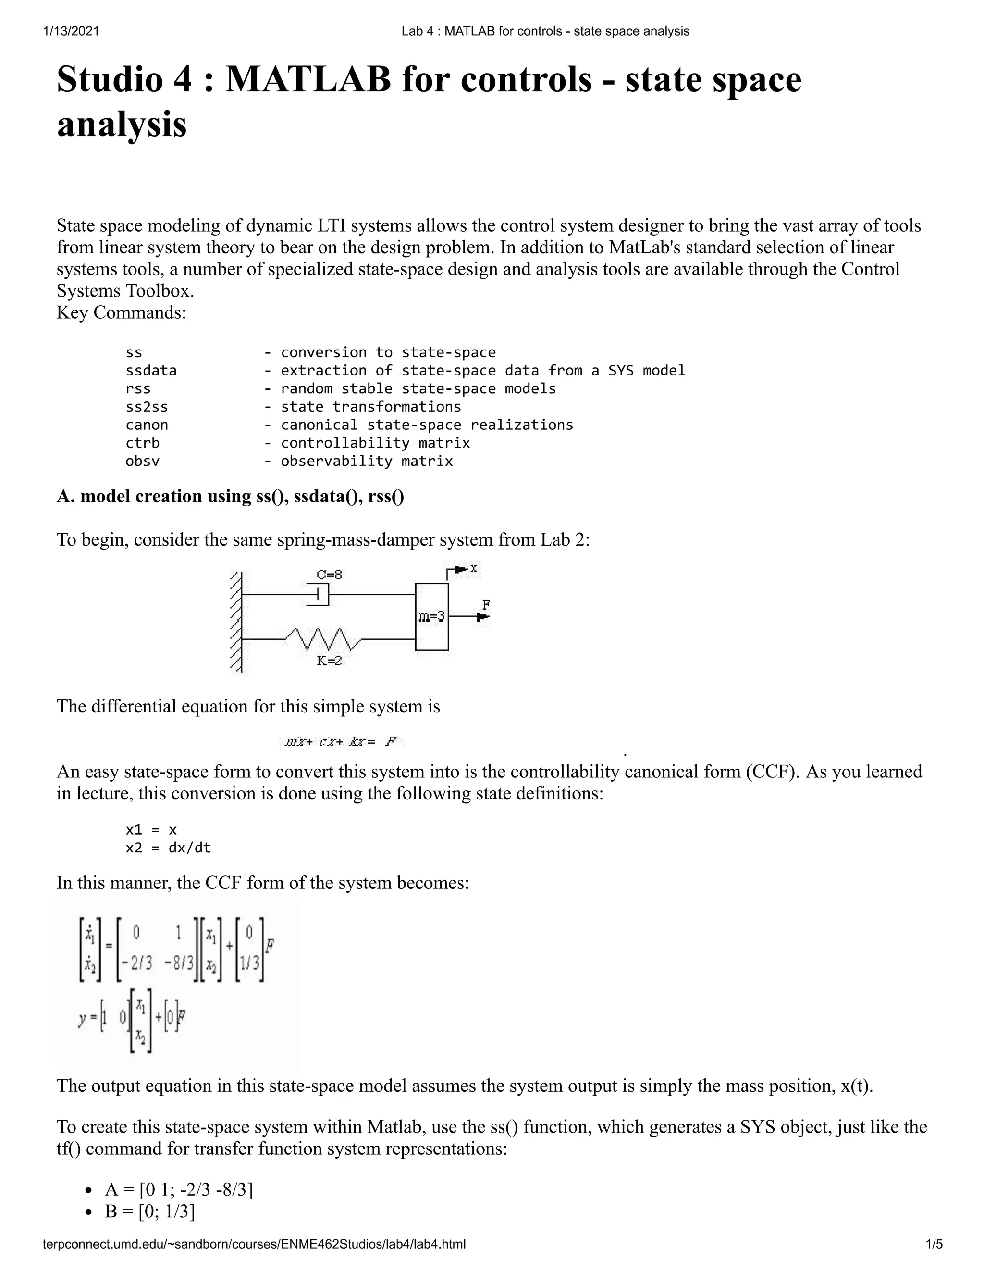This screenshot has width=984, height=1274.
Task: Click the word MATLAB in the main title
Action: [x=308, y=79]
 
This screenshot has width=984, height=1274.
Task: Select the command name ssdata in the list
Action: [x=151, y=370]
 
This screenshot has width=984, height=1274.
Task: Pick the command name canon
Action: [x=147, y=425]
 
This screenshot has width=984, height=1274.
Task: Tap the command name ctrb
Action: [x=142, y=443]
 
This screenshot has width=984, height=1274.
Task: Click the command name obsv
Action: [x=142, y=461]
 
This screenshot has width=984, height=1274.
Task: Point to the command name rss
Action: [x=138, y=388]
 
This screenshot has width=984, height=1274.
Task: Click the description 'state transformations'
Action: [x=371, y=407]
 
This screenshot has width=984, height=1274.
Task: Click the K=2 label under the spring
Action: [x=329, y=661]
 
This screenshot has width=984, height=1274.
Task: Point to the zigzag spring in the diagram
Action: [x=323, y=639]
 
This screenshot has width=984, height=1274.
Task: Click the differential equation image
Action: [x=341, y=742]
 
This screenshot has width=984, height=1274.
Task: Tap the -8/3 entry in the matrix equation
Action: [x=178, y=963]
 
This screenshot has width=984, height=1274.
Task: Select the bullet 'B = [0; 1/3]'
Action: [x=150, y=1211]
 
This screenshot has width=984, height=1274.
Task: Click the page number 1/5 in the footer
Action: [x=934, y=1244]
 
